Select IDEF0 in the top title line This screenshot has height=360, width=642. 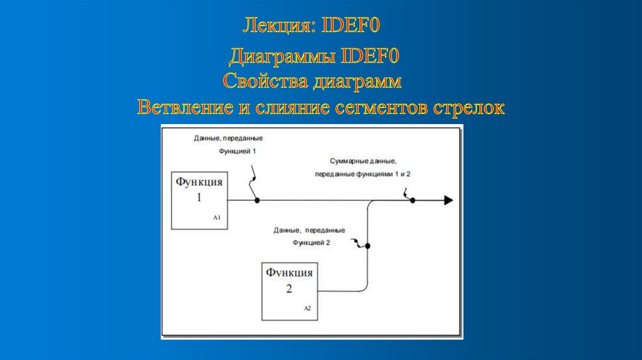click(351, 26)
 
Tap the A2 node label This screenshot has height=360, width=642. click(307, 308)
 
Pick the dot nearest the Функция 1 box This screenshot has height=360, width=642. click(257, 201)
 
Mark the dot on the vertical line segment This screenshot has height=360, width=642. click(369, 246)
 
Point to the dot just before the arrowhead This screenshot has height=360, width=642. click(413, 201)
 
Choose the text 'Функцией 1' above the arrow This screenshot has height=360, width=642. click(238, 152)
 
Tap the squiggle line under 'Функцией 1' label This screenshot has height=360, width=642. click(253, 181)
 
